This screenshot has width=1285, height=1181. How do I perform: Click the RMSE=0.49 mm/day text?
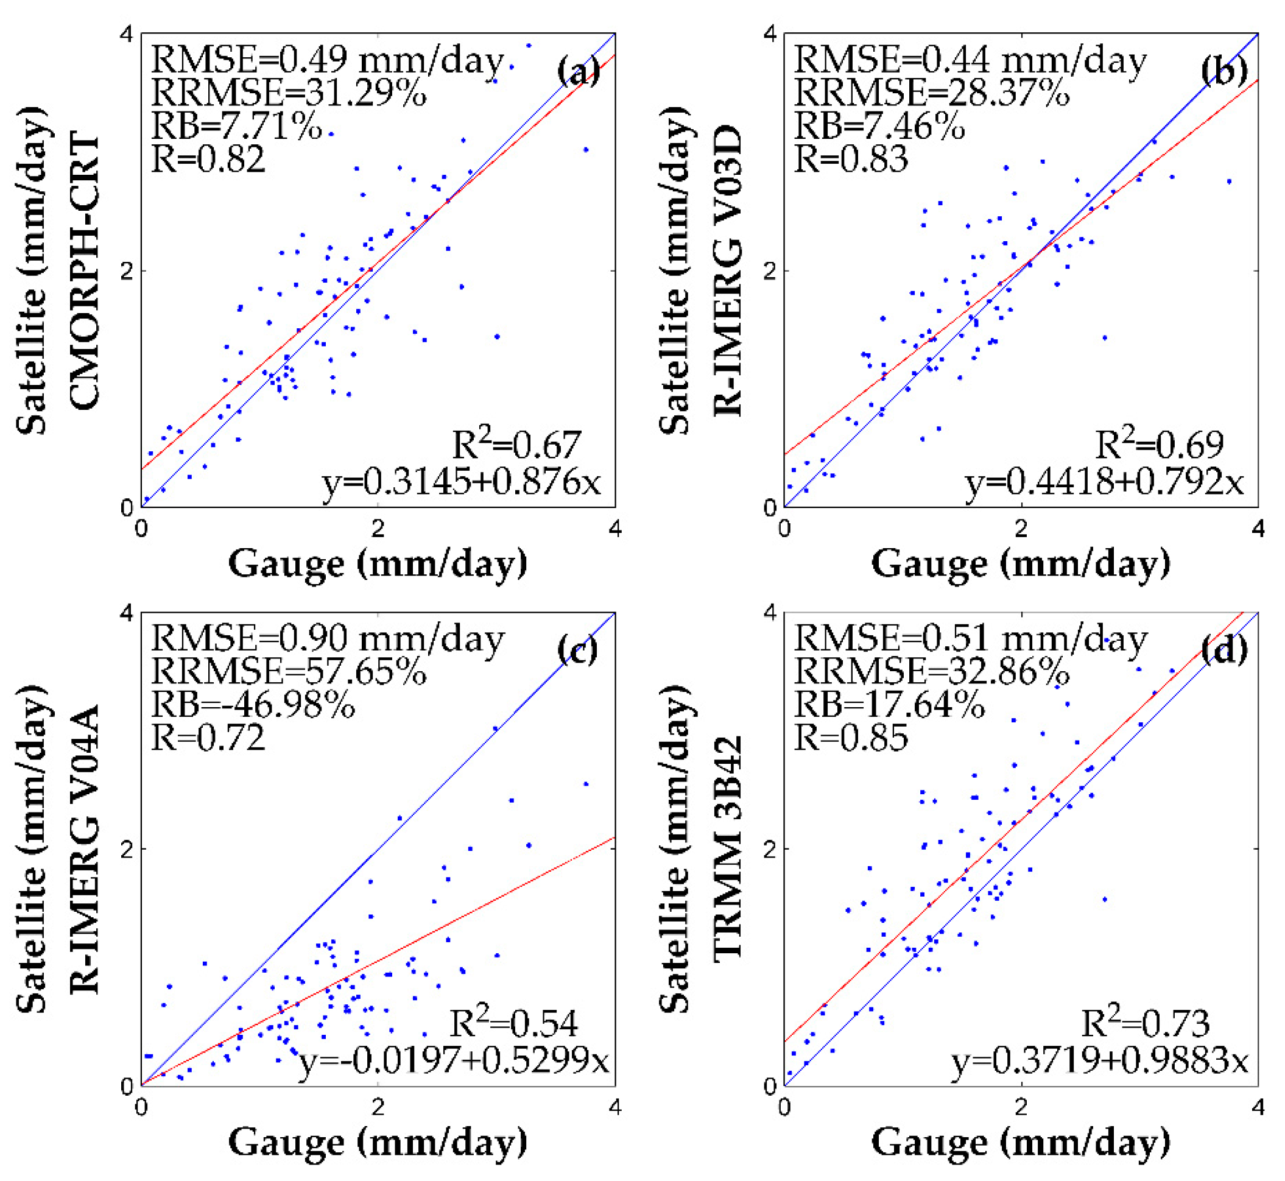tap(327, 61)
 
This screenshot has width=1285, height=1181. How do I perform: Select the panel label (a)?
tap(579, 70)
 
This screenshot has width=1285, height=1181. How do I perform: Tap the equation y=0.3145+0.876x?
tap(462, 482)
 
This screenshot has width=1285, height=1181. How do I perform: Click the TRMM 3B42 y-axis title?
tap(728, 848)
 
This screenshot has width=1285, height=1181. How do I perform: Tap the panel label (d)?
tap(1223, 649)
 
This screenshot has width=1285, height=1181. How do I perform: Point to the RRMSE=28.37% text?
tap(931, 93)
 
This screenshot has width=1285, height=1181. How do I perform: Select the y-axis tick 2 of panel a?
tap(127, 271)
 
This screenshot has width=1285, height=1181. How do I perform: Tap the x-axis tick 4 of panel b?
tap(1258, 529)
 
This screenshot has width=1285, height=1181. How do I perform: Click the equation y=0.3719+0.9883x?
tap(1099, 1061)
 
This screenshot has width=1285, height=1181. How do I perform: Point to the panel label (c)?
tap(578, 649)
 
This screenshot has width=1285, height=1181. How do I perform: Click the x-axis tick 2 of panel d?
tap(1021, 1107)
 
